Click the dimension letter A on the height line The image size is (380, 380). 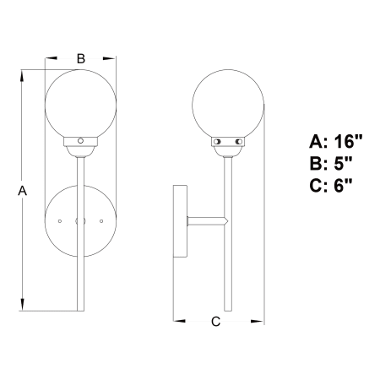click(x=22, y=191)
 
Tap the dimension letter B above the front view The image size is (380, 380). click(x=81, y=58)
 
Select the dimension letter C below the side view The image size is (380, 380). click(x=215, y=322)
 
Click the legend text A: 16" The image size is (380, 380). click(x=335, y=141)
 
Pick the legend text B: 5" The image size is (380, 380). click(x=331, y=163)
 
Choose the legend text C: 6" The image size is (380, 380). click(x=331, y=186)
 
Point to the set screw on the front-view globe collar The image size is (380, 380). click(x=80, y=140)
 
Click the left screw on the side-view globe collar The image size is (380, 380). click(x=217, y=142)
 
